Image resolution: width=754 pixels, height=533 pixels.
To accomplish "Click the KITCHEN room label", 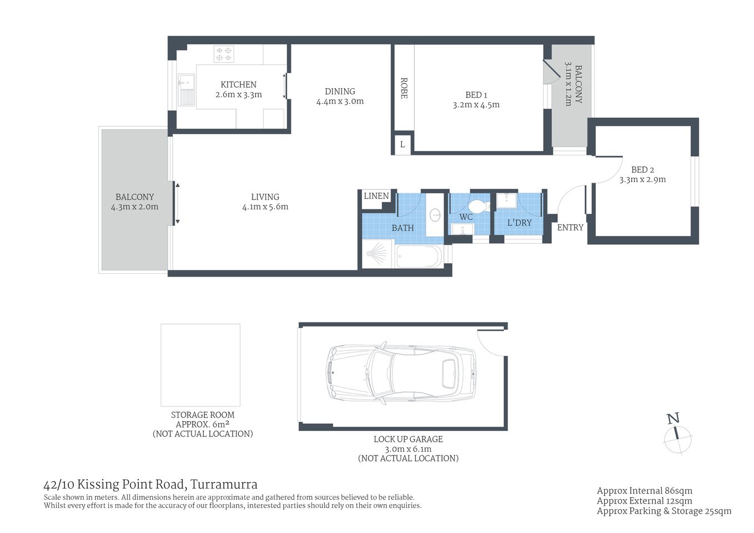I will point(238,84).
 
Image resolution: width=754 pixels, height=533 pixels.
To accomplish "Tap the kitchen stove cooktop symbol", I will point(224,54).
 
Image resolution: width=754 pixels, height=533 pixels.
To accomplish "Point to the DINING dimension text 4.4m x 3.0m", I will point(340,102).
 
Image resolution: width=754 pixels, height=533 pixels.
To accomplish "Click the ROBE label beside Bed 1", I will point(404,88).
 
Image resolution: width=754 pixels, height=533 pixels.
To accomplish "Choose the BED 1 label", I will point(476,95).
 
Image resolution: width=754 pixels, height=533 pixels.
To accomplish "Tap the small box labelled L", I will point(403,144).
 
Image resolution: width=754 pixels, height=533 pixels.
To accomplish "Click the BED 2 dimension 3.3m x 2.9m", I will point(642,180).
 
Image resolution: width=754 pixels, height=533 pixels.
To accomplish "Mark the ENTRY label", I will point(570,228).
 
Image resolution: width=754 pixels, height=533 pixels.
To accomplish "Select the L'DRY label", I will point(519,223).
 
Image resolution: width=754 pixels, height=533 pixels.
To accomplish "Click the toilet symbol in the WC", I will point(479,207).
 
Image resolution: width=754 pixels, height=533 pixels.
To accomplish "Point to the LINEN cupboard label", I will point(376,196).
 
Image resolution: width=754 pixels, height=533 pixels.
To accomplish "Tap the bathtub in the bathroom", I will point(419,257).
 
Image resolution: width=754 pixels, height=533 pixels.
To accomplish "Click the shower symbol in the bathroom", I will point(377,254).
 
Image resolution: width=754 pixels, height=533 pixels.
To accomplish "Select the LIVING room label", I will point(265,197).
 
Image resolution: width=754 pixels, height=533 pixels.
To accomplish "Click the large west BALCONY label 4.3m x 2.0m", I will point(134,202).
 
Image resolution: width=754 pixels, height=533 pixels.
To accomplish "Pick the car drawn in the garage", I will point(400,373).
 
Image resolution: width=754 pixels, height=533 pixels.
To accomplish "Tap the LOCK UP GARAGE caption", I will point(408,439).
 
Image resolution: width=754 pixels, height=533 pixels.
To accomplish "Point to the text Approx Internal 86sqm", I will point(644,491).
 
